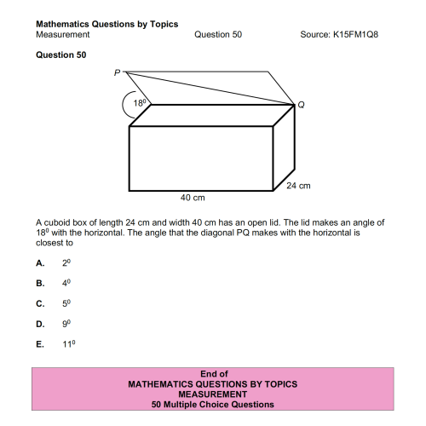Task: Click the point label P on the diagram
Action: (118, 73)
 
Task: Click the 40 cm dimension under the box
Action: (193, 198)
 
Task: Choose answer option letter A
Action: (39, 262)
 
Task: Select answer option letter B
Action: (39, 282)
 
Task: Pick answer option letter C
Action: (39, 302)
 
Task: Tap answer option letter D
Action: (39, 323)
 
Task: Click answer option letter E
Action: (39, 343)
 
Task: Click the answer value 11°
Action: (70, 343)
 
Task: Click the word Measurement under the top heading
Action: (63, 34)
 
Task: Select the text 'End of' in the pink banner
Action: (213, 374)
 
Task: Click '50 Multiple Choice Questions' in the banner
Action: (213, 405)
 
